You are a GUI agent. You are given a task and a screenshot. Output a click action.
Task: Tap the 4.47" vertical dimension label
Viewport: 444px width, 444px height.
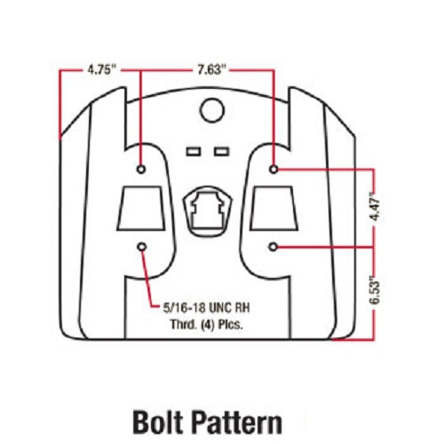[x=375, y=206]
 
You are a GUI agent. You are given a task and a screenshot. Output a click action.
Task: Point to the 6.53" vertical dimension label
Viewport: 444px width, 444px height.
[x=375, y=290]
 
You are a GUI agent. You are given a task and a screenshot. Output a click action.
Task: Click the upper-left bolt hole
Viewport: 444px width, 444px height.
[x=141, y=170]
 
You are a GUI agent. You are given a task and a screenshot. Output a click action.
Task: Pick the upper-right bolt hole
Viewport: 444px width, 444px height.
[x=274, y=170]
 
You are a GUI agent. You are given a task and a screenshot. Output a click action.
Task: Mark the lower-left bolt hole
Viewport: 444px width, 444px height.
[x=142, y=247]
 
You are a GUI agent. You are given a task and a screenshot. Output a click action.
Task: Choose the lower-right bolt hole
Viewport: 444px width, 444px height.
[x=274, y=247]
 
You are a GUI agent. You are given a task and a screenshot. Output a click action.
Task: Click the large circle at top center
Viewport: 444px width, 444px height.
[x=212, y=110]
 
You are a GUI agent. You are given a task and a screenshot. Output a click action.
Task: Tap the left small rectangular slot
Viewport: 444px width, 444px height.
[x=194, y=152]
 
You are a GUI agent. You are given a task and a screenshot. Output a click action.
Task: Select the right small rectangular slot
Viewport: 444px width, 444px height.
[x=222, y=152]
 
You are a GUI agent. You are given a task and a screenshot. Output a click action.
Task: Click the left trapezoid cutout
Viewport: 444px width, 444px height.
[x=141, y=208]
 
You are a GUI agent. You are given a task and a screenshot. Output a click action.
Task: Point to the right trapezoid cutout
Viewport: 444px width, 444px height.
[x=274, y=208]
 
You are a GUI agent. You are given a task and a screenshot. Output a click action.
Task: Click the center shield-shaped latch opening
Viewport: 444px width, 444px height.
[x=207, y=210]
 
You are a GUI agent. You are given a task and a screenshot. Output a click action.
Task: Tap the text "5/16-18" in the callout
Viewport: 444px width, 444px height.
[x=184, y=308]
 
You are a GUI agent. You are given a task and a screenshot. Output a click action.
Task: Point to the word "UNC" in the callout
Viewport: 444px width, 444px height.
[x=220, y=308]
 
